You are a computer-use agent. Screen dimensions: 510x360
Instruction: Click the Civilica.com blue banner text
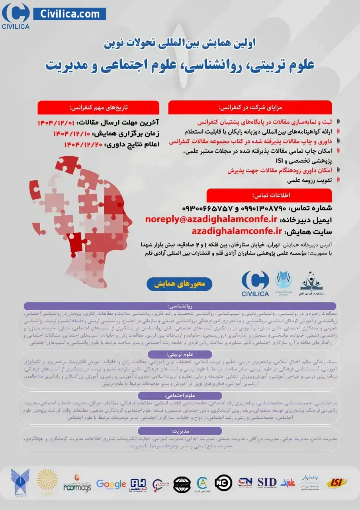coord(70,14)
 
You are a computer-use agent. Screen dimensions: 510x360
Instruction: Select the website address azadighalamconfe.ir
coord(237,231)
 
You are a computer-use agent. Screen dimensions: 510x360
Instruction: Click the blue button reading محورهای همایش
coord(179,284)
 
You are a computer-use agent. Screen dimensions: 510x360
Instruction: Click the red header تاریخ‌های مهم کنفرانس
coord(98,108)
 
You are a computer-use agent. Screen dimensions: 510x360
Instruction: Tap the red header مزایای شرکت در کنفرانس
coord(250,108)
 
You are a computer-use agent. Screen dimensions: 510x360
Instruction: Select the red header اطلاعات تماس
coord(269,195)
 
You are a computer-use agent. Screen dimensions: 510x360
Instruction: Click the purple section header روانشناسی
coord(180,306)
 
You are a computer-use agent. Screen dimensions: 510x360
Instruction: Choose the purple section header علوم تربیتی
coord(180,354)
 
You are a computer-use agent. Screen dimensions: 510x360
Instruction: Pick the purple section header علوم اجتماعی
coord(180,395)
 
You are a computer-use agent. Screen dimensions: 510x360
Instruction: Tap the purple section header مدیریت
coord(180,431)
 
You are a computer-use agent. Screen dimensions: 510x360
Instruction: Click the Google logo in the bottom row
coord(111,484)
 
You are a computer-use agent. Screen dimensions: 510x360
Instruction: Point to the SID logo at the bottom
coord(267,482)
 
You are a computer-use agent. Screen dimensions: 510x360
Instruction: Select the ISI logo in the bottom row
coord(337,483)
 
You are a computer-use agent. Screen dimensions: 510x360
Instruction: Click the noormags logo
coord(77,483)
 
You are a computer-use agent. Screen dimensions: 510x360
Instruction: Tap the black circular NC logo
coord(223,483)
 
